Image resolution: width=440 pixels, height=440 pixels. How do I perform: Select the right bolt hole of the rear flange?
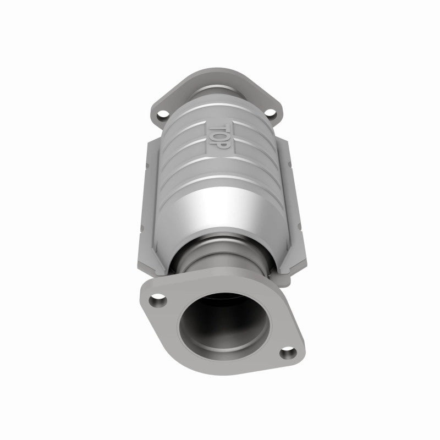271,114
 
